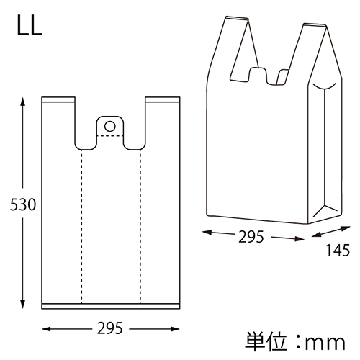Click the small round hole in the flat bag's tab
(109, 126)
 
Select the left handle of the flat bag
(59, 119)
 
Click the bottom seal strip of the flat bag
(110, 305)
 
